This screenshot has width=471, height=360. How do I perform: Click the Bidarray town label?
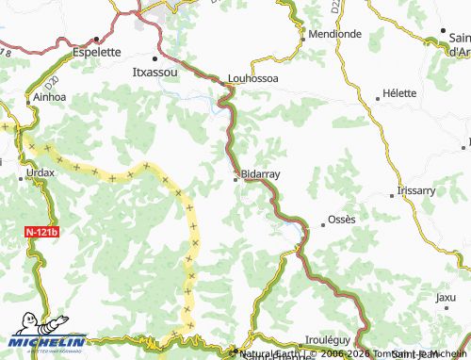coord(261,174)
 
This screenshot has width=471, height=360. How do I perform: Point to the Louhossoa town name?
coord(254,78)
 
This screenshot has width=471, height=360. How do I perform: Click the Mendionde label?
coord(334,34)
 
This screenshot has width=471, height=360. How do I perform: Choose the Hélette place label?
coord(399,94)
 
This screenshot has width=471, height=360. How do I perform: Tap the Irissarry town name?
coord(417,189)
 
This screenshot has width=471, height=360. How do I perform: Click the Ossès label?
coord(341,220)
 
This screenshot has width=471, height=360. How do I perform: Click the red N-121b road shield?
coord(41,232)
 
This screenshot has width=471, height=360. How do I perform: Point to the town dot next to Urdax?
coord(23,173)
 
